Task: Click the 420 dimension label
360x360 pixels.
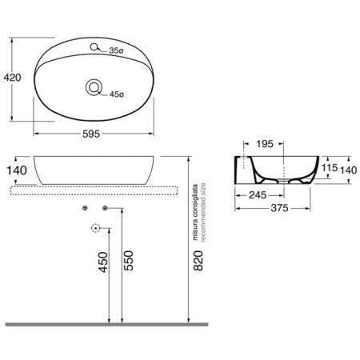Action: click(x=12, y=78)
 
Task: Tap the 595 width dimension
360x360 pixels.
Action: click(x=91, y=134)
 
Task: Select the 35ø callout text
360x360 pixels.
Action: click(x=116, y=50)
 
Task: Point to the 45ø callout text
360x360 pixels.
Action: click(x=117, y=94)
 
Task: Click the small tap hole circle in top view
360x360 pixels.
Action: click(x=94, y=47)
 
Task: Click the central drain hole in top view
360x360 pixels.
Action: click(x=94, y=87)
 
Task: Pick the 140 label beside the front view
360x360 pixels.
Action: click(x=17, y=170)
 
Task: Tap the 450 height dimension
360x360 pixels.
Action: click(x=103, y=262)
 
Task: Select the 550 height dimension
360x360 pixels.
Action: click(x=129, y=261)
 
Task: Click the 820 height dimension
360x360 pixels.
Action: click(x=198, y=261)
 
